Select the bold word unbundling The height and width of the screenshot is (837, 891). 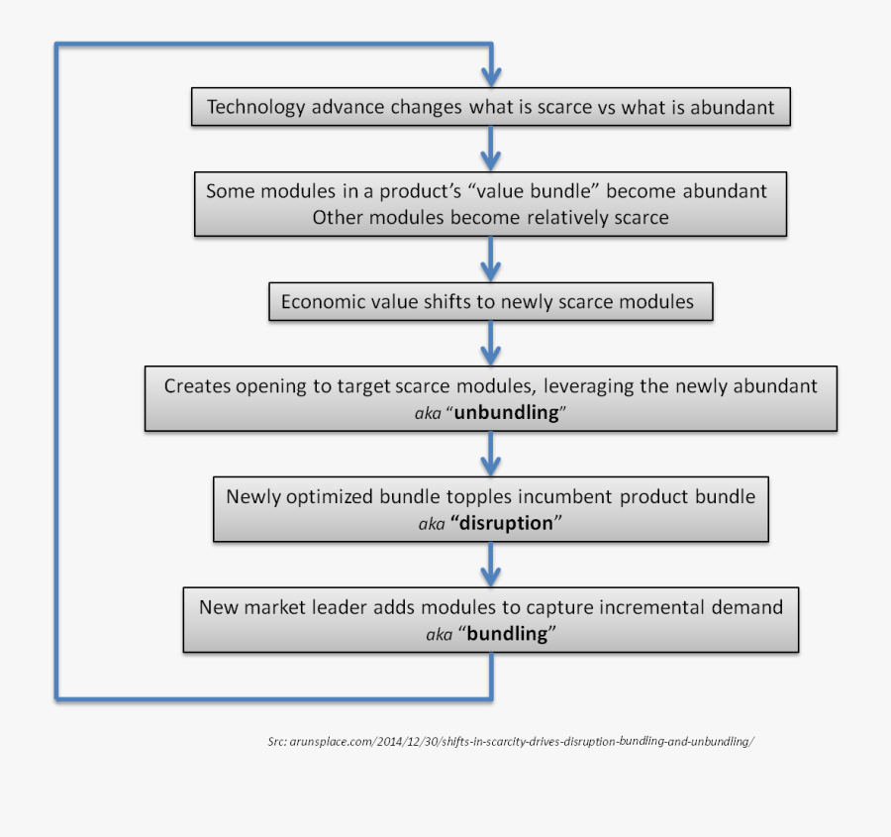pyautogui.click(x=506, y=413)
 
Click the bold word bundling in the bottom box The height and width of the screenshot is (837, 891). pyautogui.click(x=507, y=634)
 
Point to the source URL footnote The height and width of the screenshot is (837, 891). pyautogui.click(x=511, y=741)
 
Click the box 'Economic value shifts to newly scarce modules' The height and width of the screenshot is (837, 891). pyautogui.click(x=490, y=302)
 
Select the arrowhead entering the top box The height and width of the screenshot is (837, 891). pyautogui.click(x=491, y=77)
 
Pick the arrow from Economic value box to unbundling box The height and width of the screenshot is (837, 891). pyautogui.click(x=491, y=344)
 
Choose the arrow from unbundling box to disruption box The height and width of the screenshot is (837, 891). pyautogui.click(x=491, y=455)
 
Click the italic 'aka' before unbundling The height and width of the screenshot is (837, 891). pyautogui.click(x=429, y=414)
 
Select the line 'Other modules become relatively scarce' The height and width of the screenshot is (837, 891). pyautogui.click(x=490, y=217)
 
